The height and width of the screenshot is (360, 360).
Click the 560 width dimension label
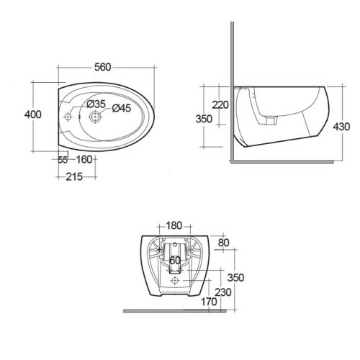click(x=102, y=67)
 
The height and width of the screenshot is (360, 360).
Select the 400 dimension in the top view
click(x=33, y=114)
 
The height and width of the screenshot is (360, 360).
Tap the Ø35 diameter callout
click(x=96, y=104)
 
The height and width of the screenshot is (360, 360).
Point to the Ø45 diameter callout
click(x=122, y=108)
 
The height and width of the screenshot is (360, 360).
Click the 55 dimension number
click(x=63, y=160)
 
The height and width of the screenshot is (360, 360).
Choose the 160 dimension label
click(x=84, y=160)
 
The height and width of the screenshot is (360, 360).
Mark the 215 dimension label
click(x=74, y=177)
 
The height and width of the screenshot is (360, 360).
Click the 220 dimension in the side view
click(x=220, y=105)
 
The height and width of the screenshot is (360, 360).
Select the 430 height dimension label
click(x=341, y=127)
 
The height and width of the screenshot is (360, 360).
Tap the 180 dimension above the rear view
click(x=174, y=225)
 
